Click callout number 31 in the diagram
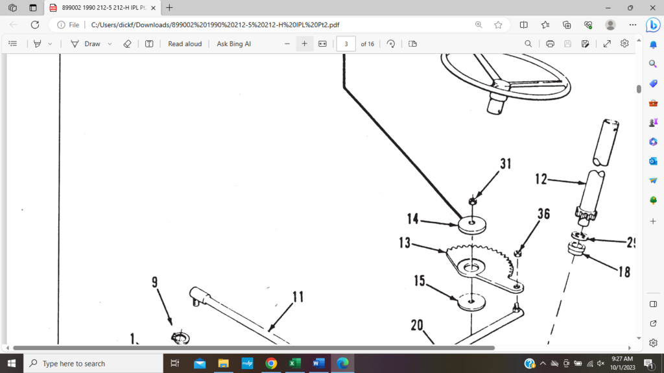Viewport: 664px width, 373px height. click(505, 164)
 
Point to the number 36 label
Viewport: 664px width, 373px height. click(543, 213)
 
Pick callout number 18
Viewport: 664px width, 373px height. click(624, 272)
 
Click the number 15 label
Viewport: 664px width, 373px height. click(420, 281)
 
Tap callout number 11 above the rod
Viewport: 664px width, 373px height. click(298, 297)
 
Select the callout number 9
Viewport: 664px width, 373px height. click(155, 282)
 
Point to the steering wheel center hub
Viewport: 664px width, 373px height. click(499, 85)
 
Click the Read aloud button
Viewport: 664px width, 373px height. click(185, 43)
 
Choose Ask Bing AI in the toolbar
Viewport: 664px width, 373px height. click(233, 43)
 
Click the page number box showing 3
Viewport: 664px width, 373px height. click(346, 43)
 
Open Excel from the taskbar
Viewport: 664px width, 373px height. click(294, 363)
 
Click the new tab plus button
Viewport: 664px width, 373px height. click(169, 8)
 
